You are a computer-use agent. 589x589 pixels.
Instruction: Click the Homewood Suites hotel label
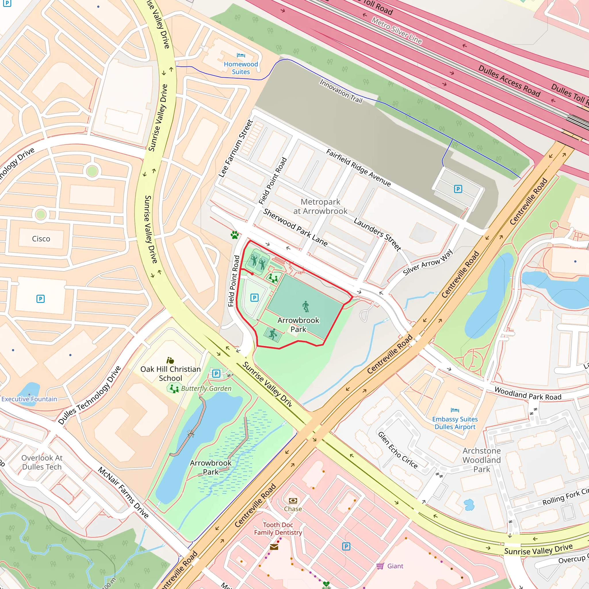241,68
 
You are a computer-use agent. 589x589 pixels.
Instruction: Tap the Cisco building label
41,239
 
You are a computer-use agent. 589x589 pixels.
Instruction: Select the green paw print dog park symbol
234,235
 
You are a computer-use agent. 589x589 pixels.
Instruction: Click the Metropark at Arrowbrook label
320,206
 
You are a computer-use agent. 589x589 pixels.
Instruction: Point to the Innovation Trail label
341,91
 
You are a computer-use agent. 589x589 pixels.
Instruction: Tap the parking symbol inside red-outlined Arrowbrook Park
254,298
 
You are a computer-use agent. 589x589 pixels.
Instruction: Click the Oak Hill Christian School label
171,374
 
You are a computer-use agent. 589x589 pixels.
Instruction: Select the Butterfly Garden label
206,388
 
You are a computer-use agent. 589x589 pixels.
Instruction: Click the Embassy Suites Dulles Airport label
455,423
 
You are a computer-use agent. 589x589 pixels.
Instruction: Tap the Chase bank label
293,509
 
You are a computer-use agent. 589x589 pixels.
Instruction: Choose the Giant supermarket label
395,566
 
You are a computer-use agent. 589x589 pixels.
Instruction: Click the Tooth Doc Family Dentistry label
278,529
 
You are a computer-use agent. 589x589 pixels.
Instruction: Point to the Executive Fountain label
29,399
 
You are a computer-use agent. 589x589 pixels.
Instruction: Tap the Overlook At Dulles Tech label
42,462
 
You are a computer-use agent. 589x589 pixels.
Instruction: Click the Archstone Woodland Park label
482,460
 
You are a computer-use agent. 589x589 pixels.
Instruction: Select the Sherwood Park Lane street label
295,227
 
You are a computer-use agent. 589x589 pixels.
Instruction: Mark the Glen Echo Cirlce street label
397,450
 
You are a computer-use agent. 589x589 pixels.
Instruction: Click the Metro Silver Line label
397,30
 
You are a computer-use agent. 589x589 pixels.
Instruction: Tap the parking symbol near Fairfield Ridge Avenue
458,189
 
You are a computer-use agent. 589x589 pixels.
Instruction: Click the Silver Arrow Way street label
428,262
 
